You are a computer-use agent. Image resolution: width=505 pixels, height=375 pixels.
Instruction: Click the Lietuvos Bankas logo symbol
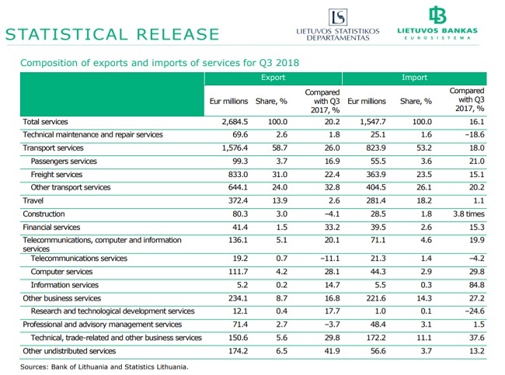tap(437, 15)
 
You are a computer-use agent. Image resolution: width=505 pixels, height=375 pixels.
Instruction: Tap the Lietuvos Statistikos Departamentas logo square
tap(338, 17)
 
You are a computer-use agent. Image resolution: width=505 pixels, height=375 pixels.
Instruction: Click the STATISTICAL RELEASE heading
tap(113, 34)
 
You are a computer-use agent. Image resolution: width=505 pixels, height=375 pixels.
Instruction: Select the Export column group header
tap(273, 78)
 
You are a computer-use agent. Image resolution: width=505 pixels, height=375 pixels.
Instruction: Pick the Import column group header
tap(414, 78)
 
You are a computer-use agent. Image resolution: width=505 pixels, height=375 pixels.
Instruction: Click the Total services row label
tap(45, 122)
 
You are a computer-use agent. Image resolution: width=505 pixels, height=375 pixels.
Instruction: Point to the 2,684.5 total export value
tap(235, 122)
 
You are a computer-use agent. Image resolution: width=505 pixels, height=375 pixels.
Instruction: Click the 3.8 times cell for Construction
tap(468, 214)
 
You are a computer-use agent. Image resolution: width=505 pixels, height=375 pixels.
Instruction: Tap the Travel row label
tap(33, 200)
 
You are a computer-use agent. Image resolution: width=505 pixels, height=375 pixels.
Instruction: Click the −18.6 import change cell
tap(475, 134)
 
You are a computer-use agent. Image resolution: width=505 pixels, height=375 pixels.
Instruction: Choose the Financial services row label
tap(51, 227)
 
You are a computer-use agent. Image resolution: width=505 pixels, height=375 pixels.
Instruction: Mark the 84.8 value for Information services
tap(477, 285)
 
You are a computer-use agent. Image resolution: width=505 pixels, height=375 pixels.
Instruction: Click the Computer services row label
tap(61, 272)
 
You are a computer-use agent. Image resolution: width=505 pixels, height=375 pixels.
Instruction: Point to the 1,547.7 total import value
tap(373, 122)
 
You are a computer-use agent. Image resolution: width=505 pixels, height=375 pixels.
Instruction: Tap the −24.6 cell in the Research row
tap(475, 311)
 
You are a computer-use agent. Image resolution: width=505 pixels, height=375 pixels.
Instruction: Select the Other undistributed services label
tap(69, 351)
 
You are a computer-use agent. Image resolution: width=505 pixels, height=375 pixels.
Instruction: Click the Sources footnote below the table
tap(104, 366)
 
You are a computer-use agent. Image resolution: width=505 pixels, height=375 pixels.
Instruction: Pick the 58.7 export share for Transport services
tap(280, 148)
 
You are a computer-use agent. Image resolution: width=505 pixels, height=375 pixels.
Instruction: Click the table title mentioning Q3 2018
tap(160, 62)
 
